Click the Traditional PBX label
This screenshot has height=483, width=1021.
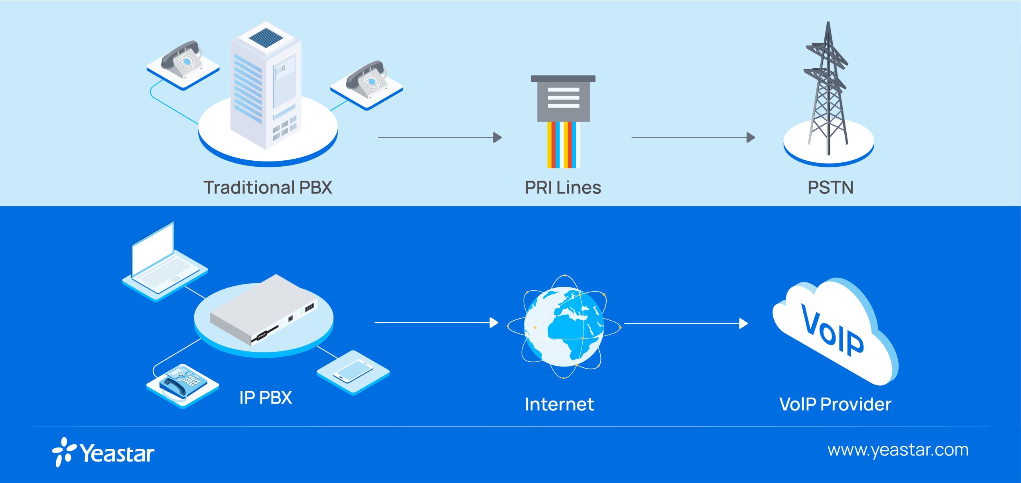pyautogui.click(x=268, y=187)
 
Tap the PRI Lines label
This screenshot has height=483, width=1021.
pyautogui.click(x=563, y=187)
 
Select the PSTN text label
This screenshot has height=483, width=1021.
pyautogui.click(x=830, y=187)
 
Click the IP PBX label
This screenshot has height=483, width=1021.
pyautogui.click(x=266, y=398)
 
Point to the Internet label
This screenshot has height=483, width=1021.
pyautogui.click(x=559, y=404)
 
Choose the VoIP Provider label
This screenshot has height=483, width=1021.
pyautogui.click(x=835, y=404)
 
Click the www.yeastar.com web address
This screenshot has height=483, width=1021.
pyautogui.click(x=898, y=450)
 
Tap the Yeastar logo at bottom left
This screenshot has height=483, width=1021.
pyautogui.click(x=103, y=453)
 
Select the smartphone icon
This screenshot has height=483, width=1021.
pyautogui.click(x=353, y=371)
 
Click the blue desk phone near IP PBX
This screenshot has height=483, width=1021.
pyautogui.click(x=183, y=382)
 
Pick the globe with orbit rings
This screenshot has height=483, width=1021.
pyautogui.click(x=564, y=326)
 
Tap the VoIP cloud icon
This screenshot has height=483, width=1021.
pyautogui.click(x=834, y=331)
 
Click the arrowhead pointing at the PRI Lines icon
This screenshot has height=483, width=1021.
pyautogui.click(x=497, y=138)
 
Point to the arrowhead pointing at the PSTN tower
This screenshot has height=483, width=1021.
pyautogui.click(x=750, y=138)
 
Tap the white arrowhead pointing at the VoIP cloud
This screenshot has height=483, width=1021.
pyautogui.click(x=743, y=323)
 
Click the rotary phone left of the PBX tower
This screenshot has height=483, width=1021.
pyautogui.click(x=181, y=60)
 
